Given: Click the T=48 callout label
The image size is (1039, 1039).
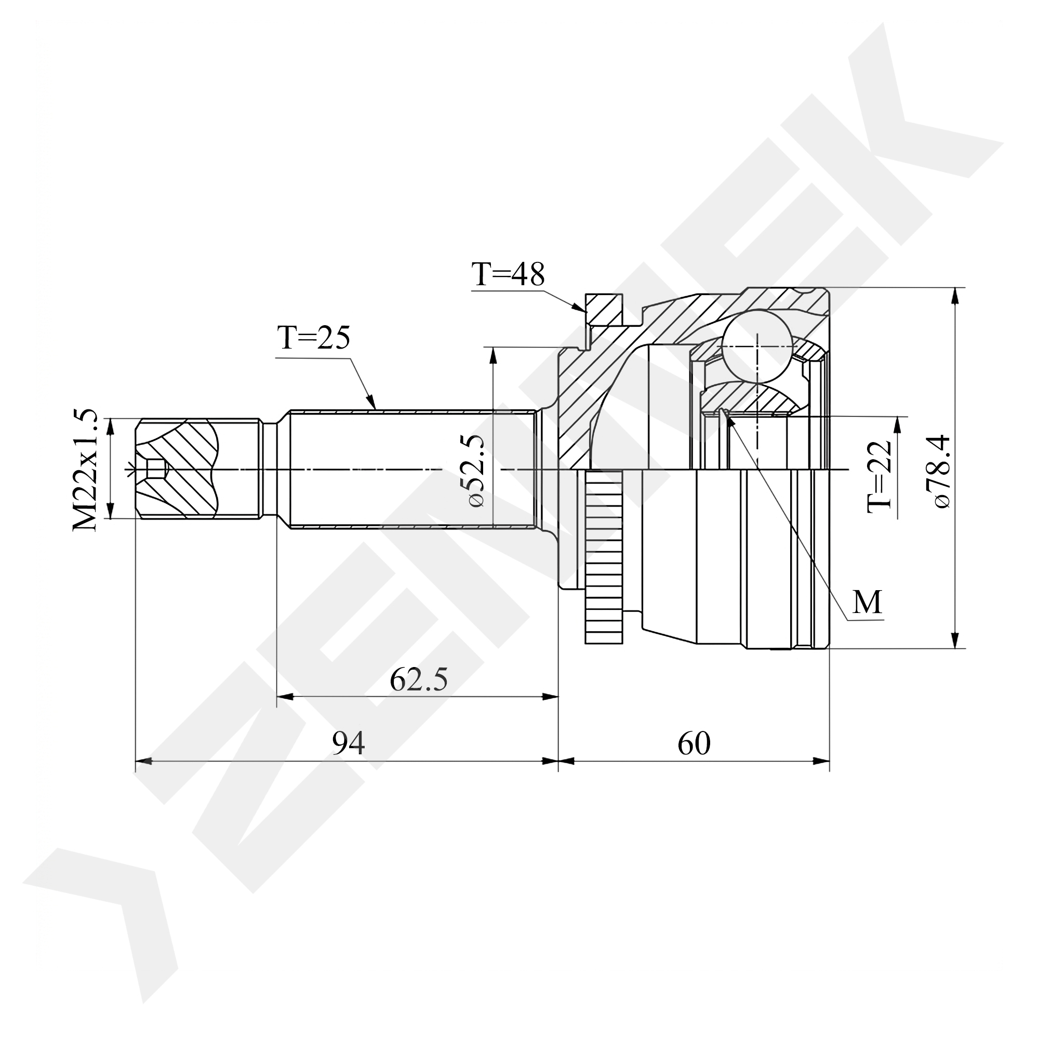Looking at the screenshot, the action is (508, 274).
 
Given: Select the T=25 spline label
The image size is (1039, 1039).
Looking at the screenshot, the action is (314, 338).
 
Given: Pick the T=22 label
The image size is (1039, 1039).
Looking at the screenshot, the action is (880, 476).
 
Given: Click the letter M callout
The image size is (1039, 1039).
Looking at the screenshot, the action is (867, 602).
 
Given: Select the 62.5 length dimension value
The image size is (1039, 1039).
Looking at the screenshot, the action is (418, 680).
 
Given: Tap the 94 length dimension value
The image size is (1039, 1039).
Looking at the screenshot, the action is (349, 744).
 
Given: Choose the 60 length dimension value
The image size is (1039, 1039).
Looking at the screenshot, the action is (694, 744).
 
